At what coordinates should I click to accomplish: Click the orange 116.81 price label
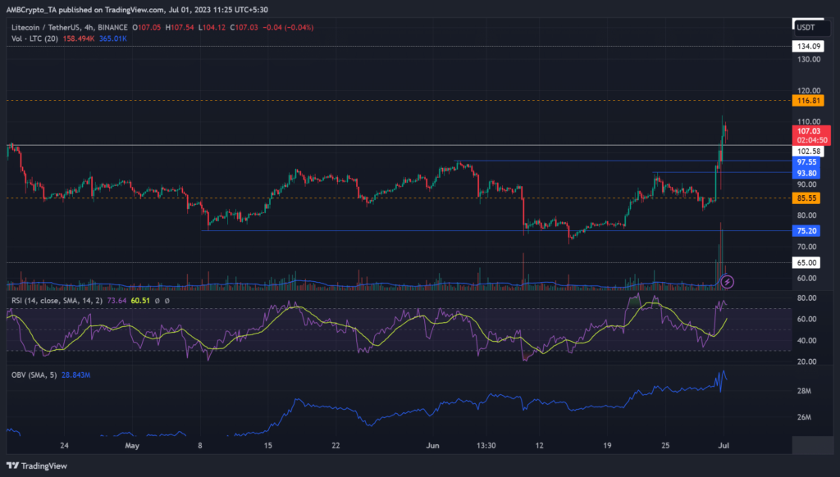click(x=808, y=100)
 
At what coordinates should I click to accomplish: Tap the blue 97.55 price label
click(x=808, y=162)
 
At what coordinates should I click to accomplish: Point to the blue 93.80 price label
click(x=808, y=173)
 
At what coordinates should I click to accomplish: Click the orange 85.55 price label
click(x=808, y=198)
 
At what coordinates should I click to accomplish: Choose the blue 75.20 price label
click(x=808, y=231)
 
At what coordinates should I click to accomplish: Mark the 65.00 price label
click(x=808, y=262)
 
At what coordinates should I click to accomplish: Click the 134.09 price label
click(x=808, y=47)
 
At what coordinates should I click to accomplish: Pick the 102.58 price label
click(x=808, y=151)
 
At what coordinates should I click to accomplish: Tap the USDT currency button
click(x=807, y=27)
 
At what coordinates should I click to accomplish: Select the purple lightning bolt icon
click(x=727, y=282)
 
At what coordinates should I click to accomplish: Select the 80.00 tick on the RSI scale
click(x=806, y=298)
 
